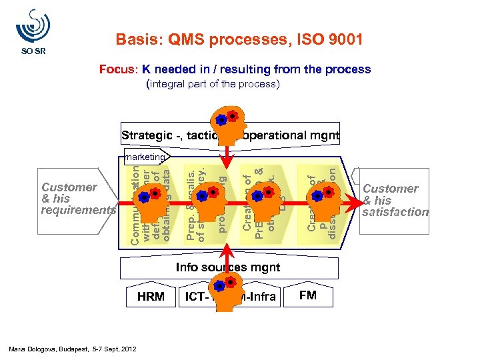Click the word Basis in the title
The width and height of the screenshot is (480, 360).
[136, 40]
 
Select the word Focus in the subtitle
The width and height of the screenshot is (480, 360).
[119, 69]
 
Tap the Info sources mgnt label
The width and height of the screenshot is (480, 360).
[227, 267]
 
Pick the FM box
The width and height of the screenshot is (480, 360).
[308, 295]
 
